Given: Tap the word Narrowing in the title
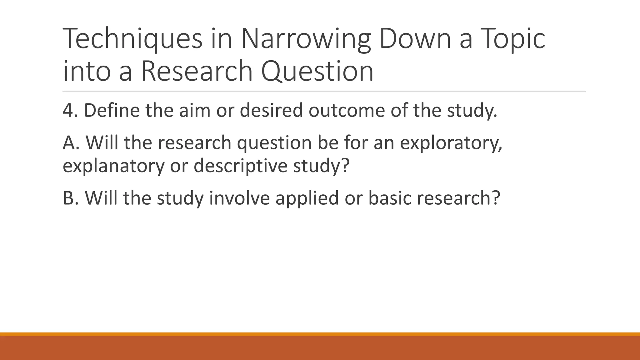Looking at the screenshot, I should tap(306, 39).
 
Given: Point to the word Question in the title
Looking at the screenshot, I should tap(317, 71).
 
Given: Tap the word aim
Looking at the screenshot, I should tap(195, 110).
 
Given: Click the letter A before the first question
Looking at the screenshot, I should tap(69, 142).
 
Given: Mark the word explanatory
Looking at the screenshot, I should tap(113, 166).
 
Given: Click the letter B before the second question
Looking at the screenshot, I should tap(68, 198).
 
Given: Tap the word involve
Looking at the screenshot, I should tap(239, 198).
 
